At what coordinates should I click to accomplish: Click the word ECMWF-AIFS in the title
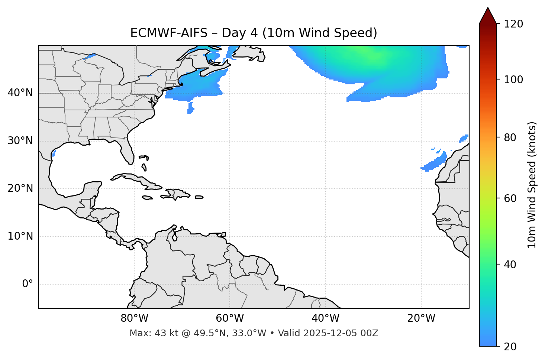coord(168,33)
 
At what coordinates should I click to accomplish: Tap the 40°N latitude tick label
coord(20,93)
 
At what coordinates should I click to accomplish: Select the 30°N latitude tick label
coord(20,141)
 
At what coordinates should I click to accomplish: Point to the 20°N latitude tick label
coord(20,189)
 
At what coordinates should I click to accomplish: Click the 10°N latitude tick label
coord(20,236)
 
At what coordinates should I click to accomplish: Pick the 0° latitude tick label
coord(28,284)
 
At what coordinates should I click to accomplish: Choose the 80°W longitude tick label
coord(134,318)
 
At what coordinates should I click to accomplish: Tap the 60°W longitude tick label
coord(230,318)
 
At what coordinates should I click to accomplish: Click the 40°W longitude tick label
coord(325,318)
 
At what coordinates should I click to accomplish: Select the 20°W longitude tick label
coord(421,318)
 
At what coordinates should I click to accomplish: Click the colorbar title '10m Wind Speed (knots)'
coord(532,185)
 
